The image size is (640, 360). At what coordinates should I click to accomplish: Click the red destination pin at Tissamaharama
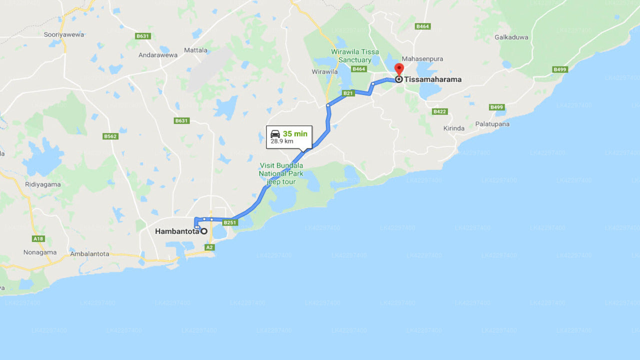(398, 69)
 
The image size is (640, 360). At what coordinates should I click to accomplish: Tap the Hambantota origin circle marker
(204, 231)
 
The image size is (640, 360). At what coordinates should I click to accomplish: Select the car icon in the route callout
(275, 134)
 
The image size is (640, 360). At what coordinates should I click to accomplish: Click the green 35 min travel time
(295, 134)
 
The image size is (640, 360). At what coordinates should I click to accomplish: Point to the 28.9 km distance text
(281, 141)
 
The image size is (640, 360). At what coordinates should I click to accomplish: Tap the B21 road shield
(348, 93)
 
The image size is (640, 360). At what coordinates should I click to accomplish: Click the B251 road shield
(230, 222)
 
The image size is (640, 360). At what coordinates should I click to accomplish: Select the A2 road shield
(209, 247)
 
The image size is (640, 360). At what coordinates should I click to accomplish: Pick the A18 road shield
(38, 238)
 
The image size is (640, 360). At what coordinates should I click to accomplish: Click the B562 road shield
(110, 136)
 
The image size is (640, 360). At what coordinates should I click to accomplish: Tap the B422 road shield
(439, 111)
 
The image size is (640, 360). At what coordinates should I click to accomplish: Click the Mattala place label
(195, 50)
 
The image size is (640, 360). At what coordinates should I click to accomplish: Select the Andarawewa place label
(158, 55)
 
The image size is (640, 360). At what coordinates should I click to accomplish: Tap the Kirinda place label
(453, 128)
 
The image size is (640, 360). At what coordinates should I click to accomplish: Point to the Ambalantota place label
(89, 253)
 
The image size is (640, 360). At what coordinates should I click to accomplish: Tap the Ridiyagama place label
(43, 184)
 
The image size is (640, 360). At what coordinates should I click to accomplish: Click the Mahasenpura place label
(422, 58)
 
